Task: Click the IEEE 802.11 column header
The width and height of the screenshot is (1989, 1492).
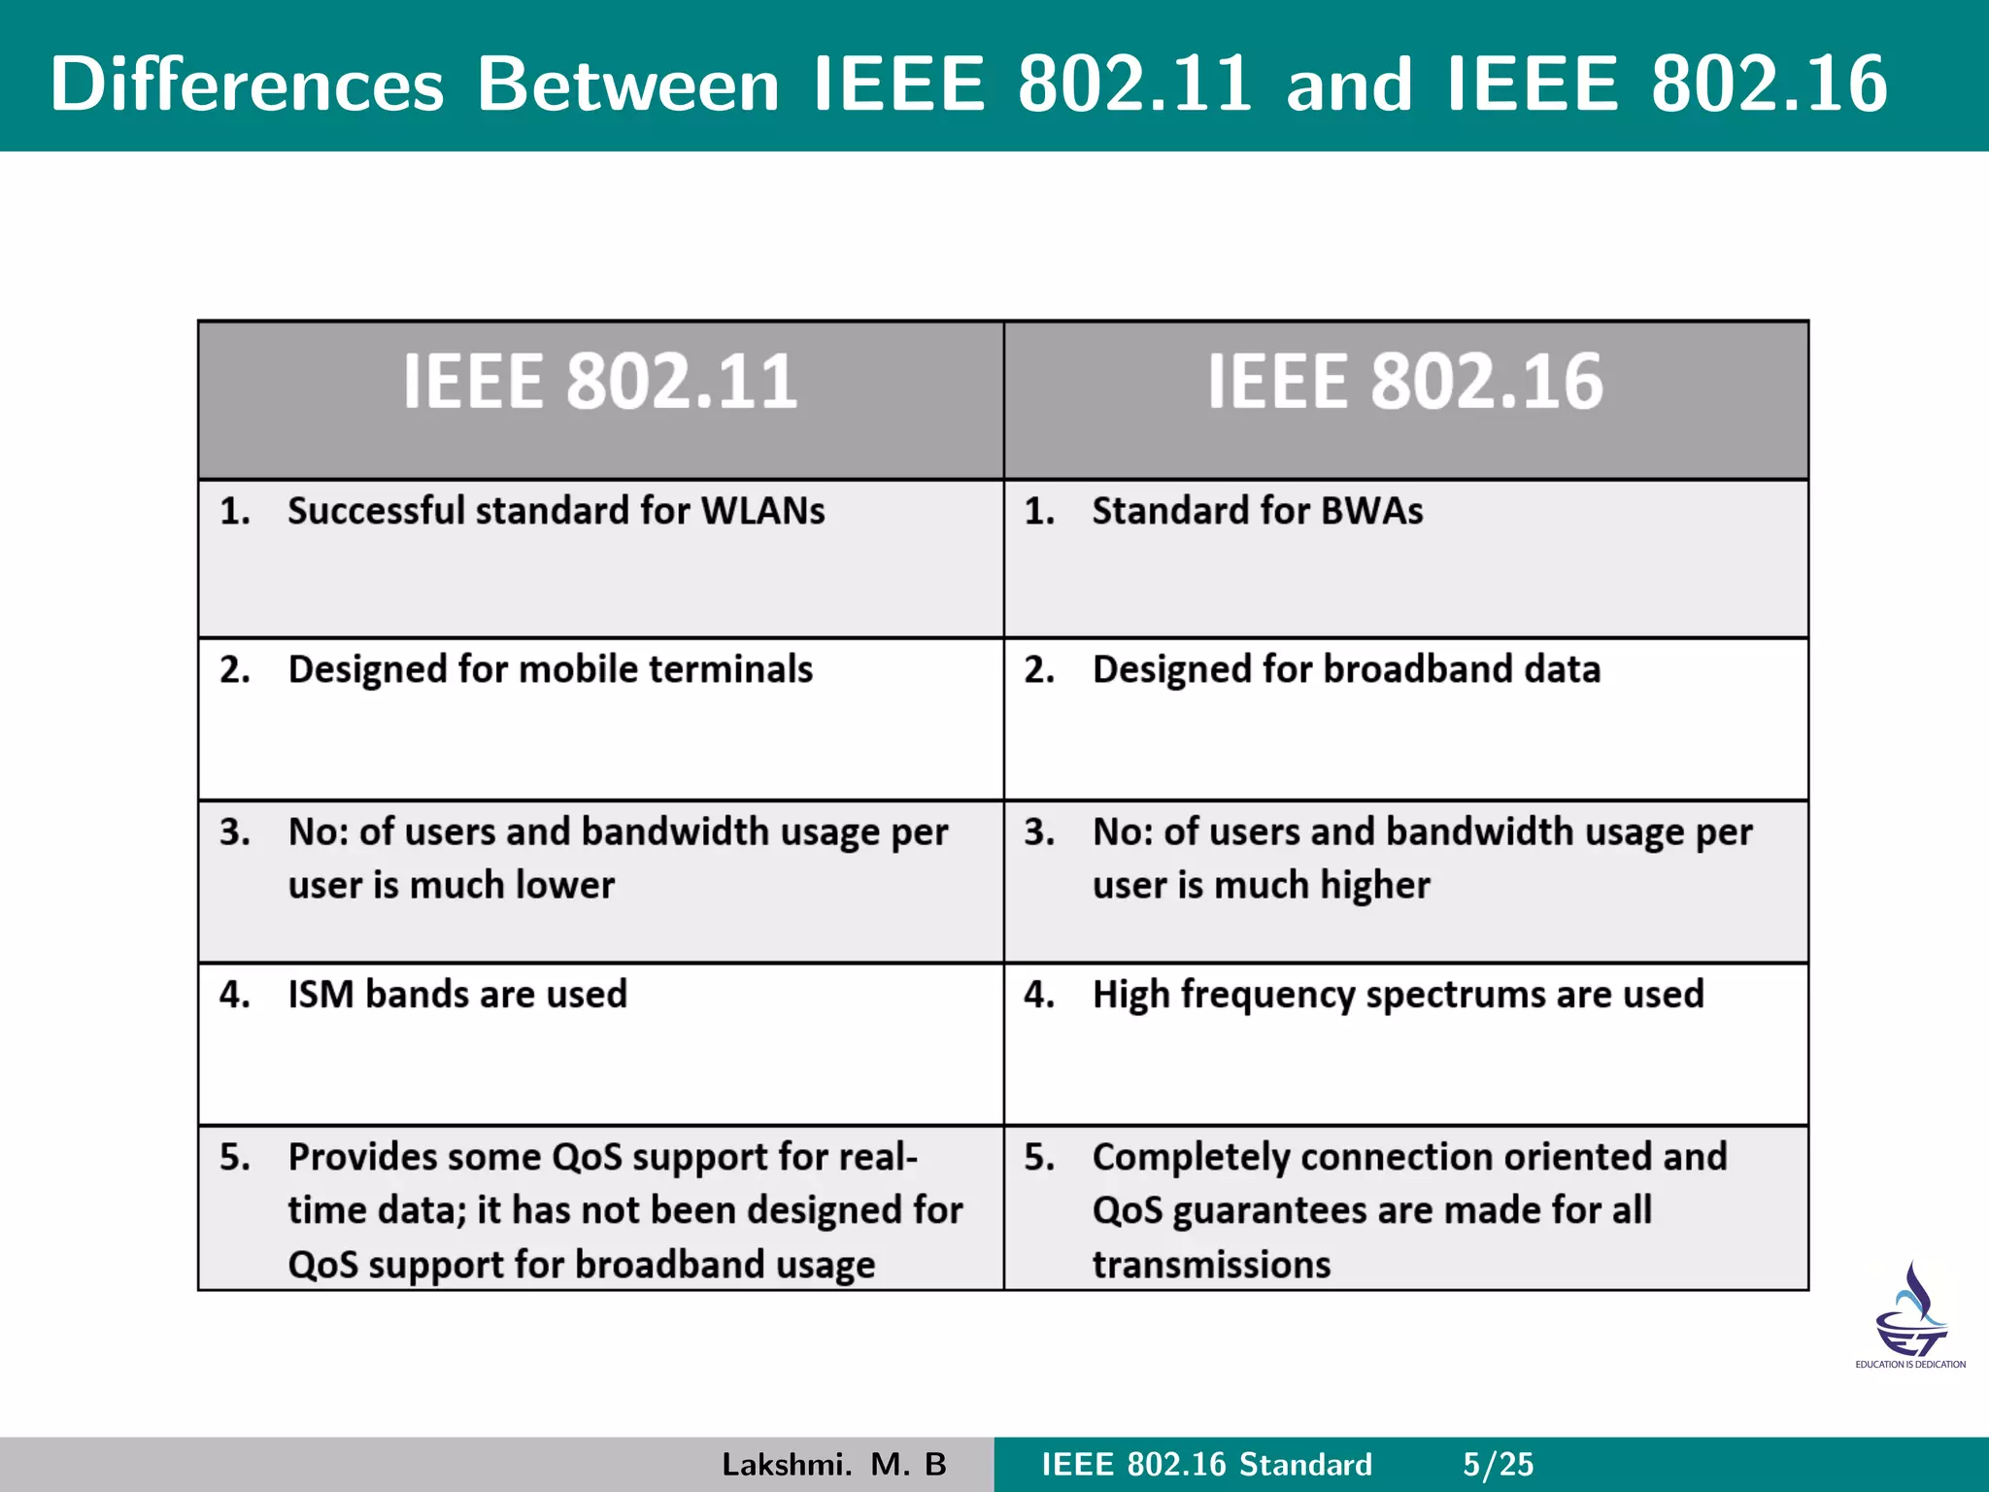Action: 600,382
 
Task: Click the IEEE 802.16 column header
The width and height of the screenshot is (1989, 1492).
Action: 1404,382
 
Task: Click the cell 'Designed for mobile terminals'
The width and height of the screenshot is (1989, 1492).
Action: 550,670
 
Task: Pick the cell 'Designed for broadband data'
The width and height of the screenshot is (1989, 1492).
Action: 1346,670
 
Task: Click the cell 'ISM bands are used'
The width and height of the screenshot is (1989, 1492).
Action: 457,995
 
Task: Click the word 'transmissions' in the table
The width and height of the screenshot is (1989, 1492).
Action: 1211,1265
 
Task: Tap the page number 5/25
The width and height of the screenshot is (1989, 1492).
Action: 1498,1465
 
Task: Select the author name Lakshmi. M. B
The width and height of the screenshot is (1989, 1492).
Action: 833,1465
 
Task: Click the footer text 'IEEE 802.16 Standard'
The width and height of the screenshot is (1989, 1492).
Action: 1206,1465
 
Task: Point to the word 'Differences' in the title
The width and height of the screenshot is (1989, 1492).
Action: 248,85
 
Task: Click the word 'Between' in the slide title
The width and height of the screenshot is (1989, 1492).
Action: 628,85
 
